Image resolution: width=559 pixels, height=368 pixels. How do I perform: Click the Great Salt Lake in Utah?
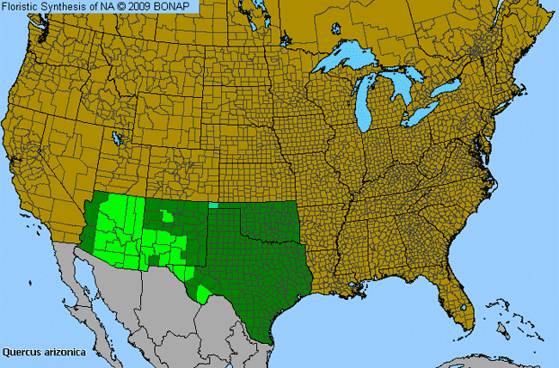click(x=116, y=138)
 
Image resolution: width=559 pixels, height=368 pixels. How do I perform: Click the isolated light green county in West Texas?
click(x=203, y=294)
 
